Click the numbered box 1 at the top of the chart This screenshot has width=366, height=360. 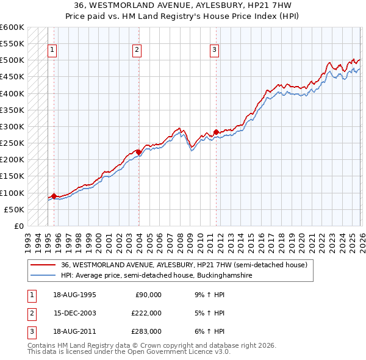[53, 51]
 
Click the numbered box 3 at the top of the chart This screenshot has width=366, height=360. [215, 51]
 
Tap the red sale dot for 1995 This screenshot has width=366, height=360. [54, 196]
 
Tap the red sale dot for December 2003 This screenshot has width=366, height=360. [138, 152]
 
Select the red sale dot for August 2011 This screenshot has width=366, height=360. [215, 132]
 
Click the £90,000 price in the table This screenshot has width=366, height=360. [148, 295]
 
